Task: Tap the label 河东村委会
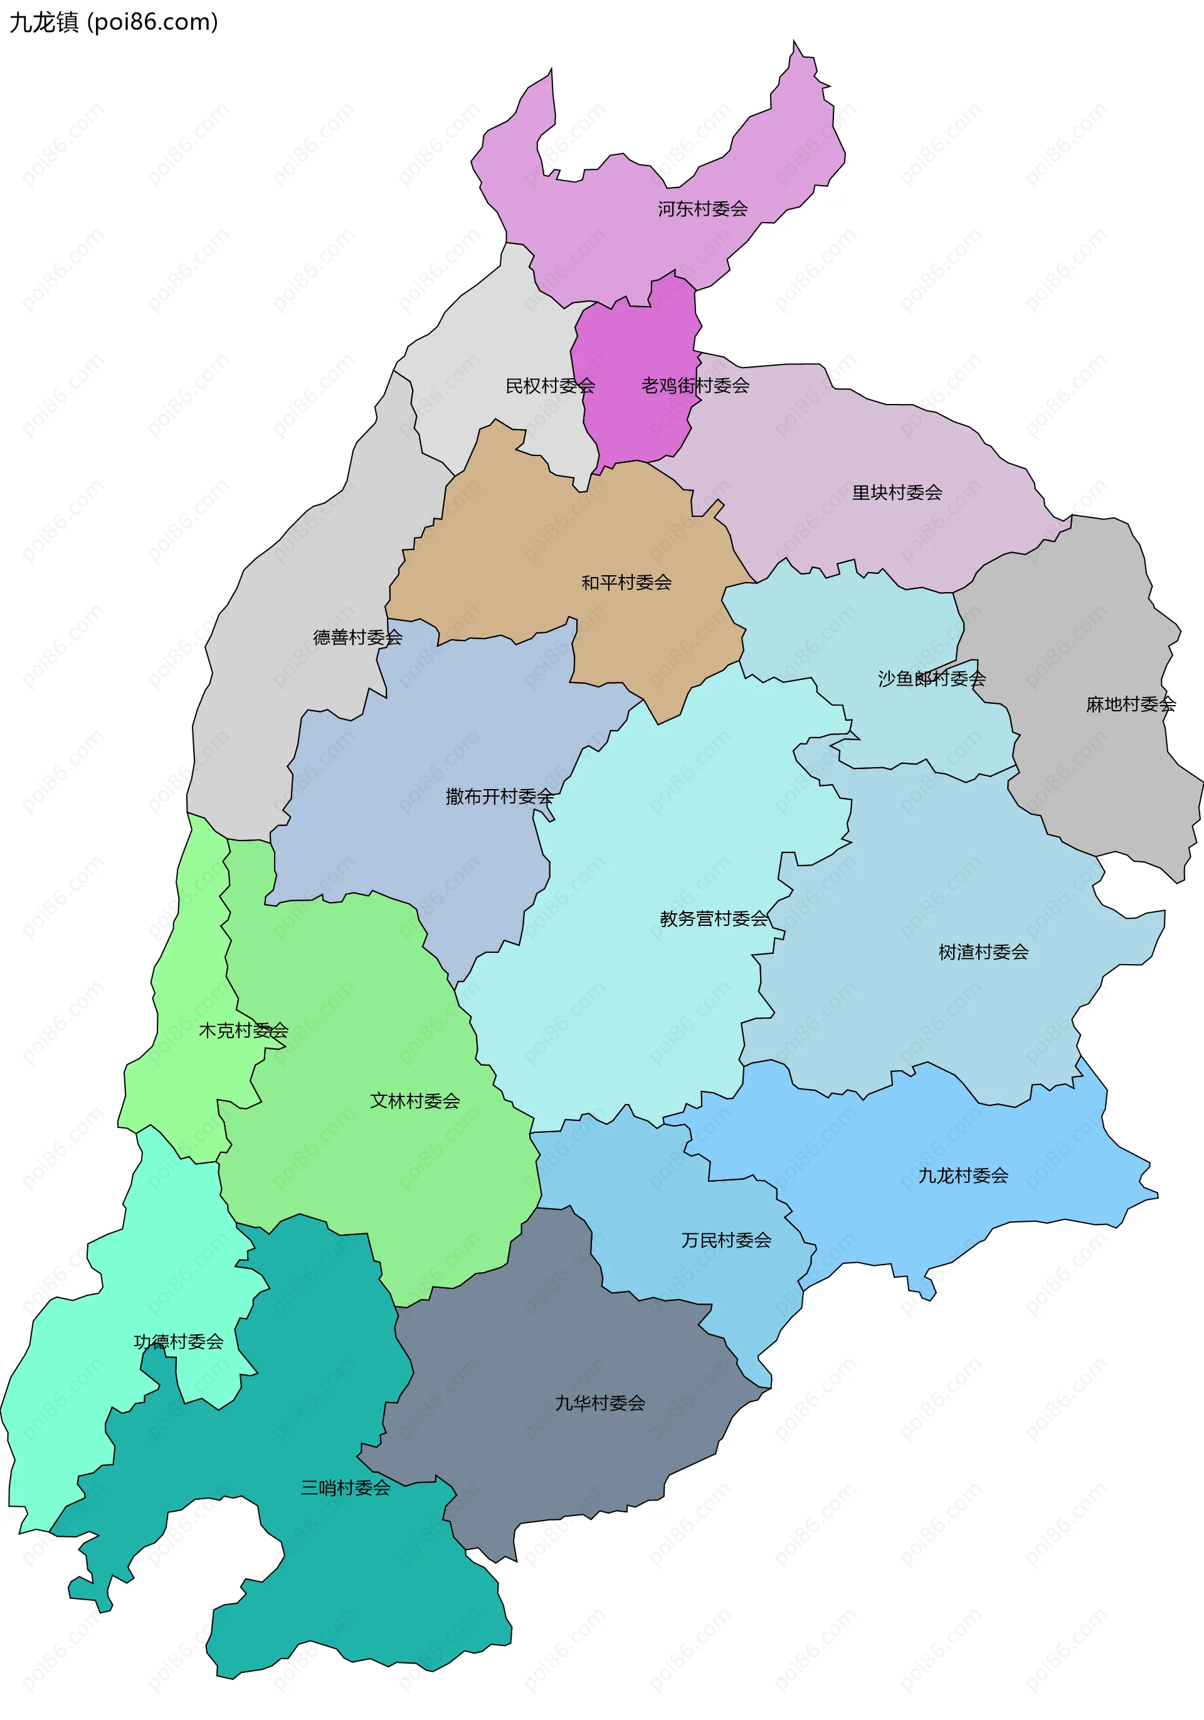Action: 702,209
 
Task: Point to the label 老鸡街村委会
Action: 695,386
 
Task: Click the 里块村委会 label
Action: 896,493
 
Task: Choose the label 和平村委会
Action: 626,583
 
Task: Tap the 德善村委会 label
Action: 357,637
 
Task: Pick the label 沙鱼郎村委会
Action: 931,679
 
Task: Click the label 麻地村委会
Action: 1131,704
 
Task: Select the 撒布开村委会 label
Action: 499,796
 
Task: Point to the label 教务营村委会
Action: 713,918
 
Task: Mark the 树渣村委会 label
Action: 983,952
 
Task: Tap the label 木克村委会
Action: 243,1031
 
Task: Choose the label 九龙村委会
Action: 963,1176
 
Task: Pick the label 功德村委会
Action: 178,1342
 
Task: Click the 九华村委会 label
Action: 599,1403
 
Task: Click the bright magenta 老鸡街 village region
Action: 636,344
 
